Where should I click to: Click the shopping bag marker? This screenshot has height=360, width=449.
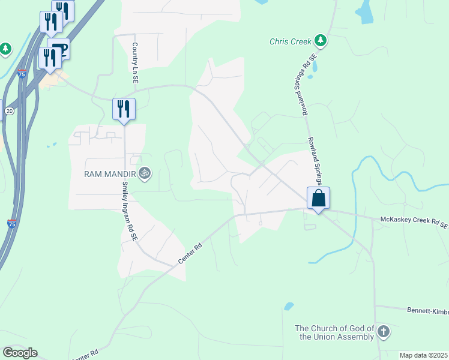[x=318, y=197]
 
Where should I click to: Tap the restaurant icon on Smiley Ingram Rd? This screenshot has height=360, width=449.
[x=124, y=109]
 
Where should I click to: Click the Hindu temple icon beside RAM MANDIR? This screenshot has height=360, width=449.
[x=144, y=174]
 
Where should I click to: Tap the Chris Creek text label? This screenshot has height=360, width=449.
[x=291, y=41]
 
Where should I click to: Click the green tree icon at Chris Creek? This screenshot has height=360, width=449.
[x=321, y=41]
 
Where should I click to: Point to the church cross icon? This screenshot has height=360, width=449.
[x=384, y=331]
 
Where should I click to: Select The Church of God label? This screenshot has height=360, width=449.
[x=334, y=332]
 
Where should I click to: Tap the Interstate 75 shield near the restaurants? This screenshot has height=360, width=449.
[x=22, y=74]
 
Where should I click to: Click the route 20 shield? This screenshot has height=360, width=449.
[x=10, y=111]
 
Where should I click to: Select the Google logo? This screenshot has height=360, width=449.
[x=20, y=352]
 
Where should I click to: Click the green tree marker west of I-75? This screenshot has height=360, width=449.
[x=6, y=48]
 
